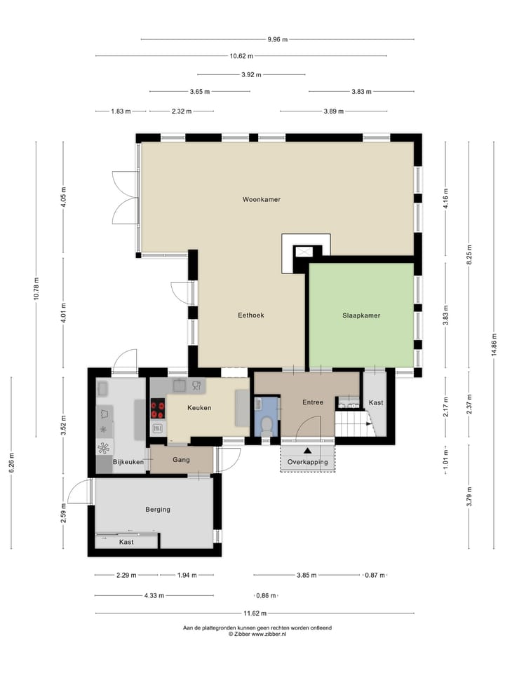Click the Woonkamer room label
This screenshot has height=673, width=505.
tap(261, 199)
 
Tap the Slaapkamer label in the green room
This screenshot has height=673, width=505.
tap(361, 315)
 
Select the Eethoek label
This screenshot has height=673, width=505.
tap(251, 315)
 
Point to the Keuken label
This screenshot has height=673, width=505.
tap(199, 408)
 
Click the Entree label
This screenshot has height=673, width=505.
tap(313, 402)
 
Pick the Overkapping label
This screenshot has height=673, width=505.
tap(307, 462)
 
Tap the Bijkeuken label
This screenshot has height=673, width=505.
tap(128, 462)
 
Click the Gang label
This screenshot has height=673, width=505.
tap(181, 460)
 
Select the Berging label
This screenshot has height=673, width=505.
tap(158, 510)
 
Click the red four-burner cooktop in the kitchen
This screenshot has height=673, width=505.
tap(158, 409)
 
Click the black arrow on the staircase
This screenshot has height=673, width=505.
tap(369, 423)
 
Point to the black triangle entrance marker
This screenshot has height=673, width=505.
tap(307, 451)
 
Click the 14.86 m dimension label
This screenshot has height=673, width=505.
tap(494, 345)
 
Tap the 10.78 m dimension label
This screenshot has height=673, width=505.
tap(36, 289)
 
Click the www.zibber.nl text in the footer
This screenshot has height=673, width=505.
tap(269, 634)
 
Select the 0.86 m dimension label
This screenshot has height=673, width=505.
tap(267, 596)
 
